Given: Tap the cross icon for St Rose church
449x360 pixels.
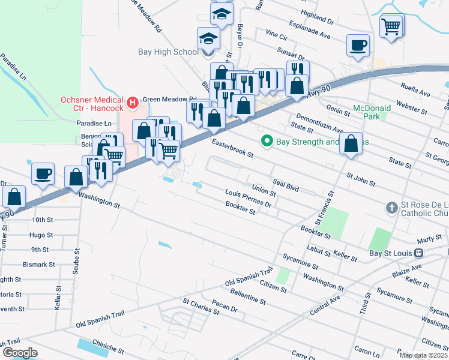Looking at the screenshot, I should coord(391,208).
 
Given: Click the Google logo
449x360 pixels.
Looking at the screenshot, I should coord(20,352).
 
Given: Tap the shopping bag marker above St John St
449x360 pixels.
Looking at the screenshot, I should coord(352,145).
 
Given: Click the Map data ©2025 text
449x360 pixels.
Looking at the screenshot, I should coord(423,355).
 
